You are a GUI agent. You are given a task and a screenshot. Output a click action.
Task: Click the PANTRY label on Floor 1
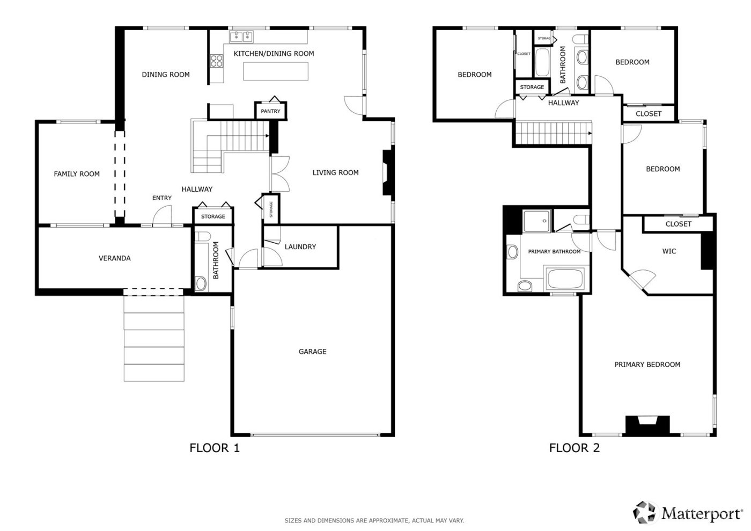(x=270, y=111)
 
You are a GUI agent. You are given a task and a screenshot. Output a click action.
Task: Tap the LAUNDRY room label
(x=300, y=247)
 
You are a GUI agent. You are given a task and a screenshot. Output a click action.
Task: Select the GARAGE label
(x=312, y=352)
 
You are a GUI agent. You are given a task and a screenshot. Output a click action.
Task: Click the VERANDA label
(x=114, y=258)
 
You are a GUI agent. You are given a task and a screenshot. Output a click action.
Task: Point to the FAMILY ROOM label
(x=77, y=174)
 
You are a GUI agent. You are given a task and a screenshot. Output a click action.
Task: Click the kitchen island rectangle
(x=276, y=71)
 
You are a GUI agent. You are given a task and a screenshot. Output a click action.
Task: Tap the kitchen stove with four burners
(x=216, y=61)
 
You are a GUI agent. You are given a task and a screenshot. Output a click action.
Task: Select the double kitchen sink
(x=241, y=37)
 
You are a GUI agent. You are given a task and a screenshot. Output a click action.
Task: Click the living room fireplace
(x=386, y=173)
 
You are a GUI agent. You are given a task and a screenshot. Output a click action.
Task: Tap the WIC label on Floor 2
(x=669, y=251)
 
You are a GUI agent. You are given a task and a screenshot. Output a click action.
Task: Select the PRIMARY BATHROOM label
(x=554, y=252)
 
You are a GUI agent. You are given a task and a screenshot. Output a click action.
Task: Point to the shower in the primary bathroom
(x=537, y=221)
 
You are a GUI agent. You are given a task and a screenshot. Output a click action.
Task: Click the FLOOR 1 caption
(x=215, y=448)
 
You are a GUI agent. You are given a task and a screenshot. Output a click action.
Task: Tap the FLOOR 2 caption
(x=574, y=448)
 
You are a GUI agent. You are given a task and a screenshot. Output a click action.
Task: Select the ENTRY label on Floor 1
(x=161, y=198)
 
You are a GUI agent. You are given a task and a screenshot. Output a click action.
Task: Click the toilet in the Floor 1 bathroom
(x=201, y=283)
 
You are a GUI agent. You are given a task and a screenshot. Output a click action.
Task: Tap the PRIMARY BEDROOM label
(x=647, y=365)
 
